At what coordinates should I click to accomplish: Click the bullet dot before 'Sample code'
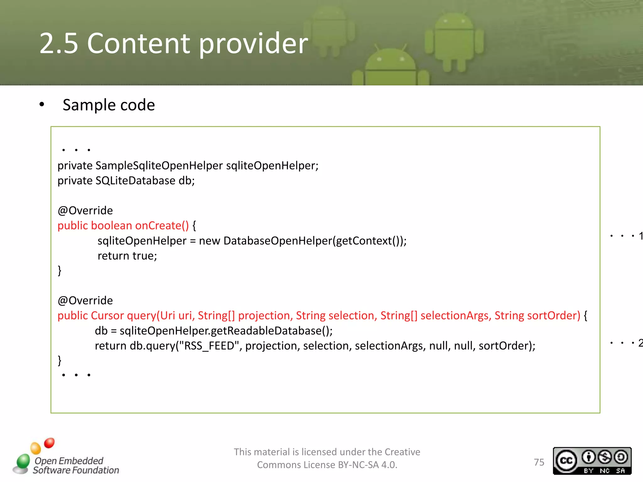coord(42,104)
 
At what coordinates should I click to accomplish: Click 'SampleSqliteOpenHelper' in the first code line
coord(159,165)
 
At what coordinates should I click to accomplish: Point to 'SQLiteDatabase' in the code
coord(135,181)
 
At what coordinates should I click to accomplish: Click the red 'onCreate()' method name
coord(162,226)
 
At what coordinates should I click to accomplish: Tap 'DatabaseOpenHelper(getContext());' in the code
coord(315,241)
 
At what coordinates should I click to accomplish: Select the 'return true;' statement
coord(127,256)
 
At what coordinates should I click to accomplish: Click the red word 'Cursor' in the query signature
coord(107,316)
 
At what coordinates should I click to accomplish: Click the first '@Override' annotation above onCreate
coord(85,211)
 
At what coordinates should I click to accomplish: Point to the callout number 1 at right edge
coord(640,236)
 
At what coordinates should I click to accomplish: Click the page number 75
coord(539,462)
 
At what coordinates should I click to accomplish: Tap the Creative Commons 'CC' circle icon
coord(566,460)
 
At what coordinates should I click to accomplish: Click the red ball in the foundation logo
coord(49,443)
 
